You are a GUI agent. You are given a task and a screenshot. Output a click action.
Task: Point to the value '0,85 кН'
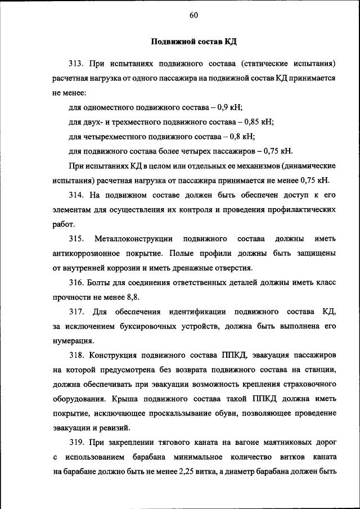pos(258,121)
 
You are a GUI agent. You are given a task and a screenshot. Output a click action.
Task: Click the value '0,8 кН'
pos(242,136)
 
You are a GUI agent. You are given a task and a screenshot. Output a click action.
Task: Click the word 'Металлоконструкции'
pos(133,238)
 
